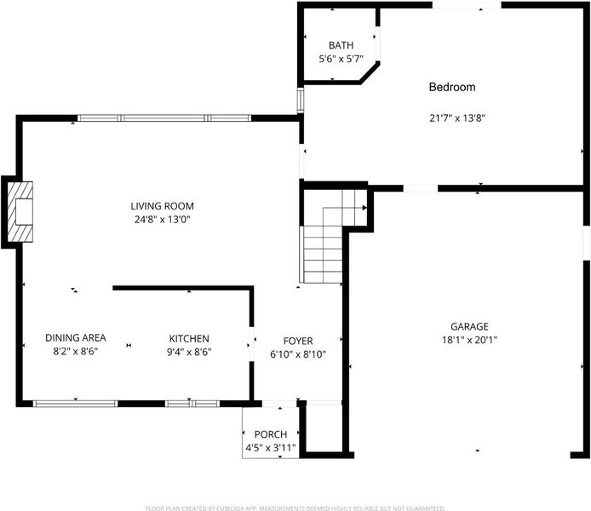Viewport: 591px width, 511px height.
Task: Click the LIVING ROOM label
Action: pyautogui.click(x=162, y=206)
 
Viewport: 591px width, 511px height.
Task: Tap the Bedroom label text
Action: pyautogui.click(x=452, y=87)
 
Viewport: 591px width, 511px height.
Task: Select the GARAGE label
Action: pyautogui.click(x=469, y=326)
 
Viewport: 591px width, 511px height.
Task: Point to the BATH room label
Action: pyautogui.click(x=341, y=45)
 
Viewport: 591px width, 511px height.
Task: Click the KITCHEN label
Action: pyautogui.click(x=189, y=338)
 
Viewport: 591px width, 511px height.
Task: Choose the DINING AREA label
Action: pyautogui.click(x=76, y=337)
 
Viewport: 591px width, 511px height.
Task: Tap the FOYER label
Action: pyautogui.click(x=298, y=341)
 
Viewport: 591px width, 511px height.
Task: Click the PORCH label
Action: pyautogui.click(x=271, y=434)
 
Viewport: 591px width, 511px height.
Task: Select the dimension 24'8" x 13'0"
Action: pyautogui.click(x=162, y=220)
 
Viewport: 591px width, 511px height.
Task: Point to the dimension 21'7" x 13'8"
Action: pyautogui.click(x=457, y=118)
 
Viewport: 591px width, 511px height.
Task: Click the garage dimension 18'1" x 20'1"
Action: pyautogui.click(x=469, y=340)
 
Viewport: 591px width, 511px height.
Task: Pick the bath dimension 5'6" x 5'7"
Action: pyautogui.click(x=341, y=59)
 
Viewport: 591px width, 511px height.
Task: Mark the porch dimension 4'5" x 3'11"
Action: pyautogui.click(x=271, y=448)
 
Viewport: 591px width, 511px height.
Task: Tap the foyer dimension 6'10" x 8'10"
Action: pyautogui.click(x=298, y=354)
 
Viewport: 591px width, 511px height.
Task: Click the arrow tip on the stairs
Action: pyautogui.click(x=366, y=208)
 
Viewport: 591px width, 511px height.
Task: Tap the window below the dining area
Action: pyautogui.click(x=76, y=404)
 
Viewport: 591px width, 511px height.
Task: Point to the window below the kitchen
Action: pyautogui.click(x=192, y=404)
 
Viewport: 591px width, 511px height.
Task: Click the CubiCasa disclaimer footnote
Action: pyautogui.click(x=295, y=508)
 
